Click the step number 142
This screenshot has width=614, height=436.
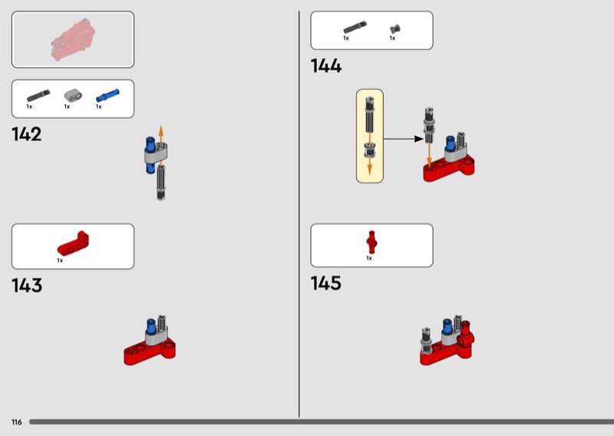[27, 134]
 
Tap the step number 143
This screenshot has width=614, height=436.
[27, 286]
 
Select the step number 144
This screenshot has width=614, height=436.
[325, 66]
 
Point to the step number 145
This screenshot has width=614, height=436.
[325, 283]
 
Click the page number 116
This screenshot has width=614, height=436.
[16, 422]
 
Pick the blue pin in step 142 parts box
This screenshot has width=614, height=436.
[107, 95]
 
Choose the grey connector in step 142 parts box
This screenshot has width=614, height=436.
[73, 96]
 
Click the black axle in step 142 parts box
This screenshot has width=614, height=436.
[38, 96]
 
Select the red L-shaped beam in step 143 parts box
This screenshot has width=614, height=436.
[73, 243]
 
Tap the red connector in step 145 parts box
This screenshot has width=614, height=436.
[371, 242]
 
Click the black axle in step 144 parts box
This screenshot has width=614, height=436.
[355, 27]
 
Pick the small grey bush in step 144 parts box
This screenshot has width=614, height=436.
[395, 29]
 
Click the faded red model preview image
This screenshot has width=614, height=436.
[73, 39]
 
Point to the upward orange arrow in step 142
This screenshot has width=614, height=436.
[160, 137]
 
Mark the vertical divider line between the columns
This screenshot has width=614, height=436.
[299, 214]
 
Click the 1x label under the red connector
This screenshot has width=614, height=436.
[369, 258]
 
